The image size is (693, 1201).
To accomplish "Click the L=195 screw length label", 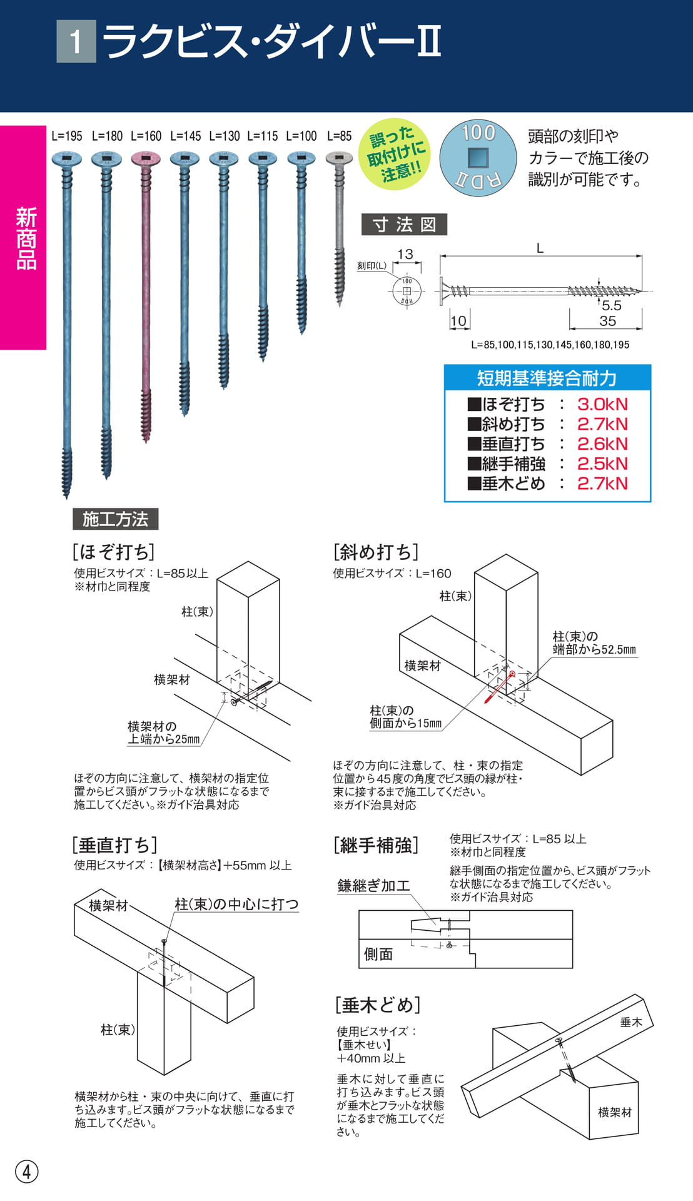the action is (67, 136).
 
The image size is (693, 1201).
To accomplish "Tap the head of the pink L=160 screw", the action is (146, 159).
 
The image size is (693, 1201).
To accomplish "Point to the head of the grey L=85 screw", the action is (340, 159).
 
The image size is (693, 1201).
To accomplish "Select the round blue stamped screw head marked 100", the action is (478, 158).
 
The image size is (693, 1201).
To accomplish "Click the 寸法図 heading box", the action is (404, 225).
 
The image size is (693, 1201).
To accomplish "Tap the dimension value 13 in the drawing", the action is (405, 254).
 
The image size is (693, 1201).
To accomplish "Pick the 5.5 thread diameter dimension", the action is (612, 305).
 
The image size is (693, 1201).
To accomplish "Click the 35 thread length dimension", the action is (607, 321).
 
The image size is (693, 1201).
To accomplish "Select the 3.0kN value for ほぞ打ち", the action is (602, 404).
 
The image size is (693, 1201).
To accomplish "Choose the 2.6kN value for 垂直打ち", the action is (602, 443).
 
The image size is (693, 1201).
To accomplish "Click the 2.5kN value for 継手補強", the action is (602, 464).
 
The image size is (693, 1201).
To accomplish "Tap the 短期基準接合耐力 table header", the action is (547, 378).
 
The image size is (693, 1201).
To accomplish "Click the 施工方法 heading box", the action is (116, 519).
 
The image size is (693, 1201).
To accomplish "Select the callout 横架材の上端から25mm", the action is (164, 732).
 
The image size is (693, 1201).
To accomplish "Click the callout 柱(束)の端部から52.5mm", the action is (594, 643).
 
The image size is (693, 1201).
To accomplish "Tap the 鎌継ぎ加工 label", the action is (373, 886).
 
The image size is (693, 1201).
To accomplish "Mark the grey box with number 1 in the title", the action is (76, 41).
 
